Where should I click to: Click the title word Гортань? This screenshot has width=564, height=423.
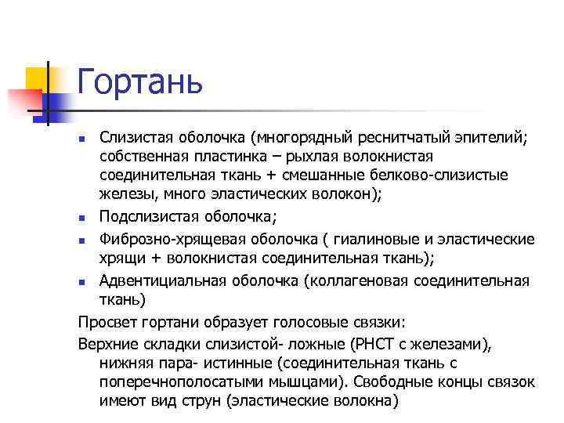tap(140, 81)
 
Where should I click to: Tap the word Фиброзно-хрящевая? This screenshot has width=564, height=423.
tap(161, 239)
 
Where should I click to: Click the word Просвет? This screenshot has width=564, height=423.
tap(106, 321)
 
